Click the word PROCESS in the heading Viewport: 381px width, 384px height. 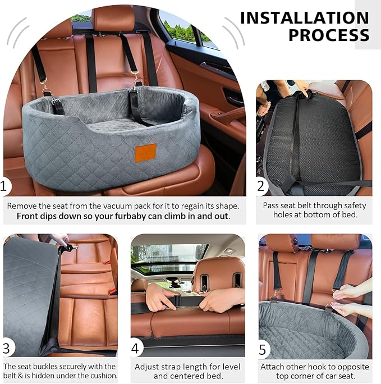tap(329, 35)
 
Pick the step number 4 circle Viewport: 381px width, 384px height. tap(135, 349)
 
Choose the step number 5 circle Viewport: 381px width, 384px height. tap(262, 349)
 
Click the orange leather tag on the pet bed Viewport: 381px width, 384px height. tap(145, 152)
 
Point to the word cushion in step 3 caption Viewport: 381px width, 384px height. tap(101, 376)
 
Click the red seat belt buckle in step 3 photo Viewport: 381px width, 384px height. tap(106, 262)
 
